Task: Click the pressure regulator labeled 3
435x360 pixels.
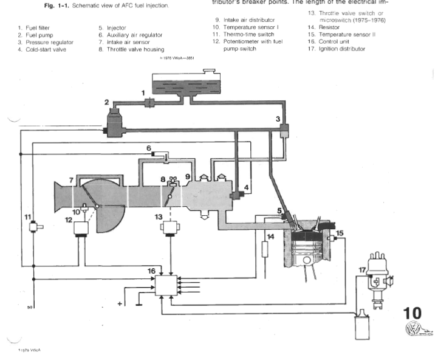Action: [x=284, y=130]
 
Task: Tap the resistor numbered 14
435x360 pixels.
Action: [x=264, y=249]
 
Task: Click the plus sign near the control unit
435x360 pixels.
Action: [x=120, y=302]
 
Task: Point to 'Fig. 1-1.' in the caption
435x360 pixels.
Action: [x=55, y=5]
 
